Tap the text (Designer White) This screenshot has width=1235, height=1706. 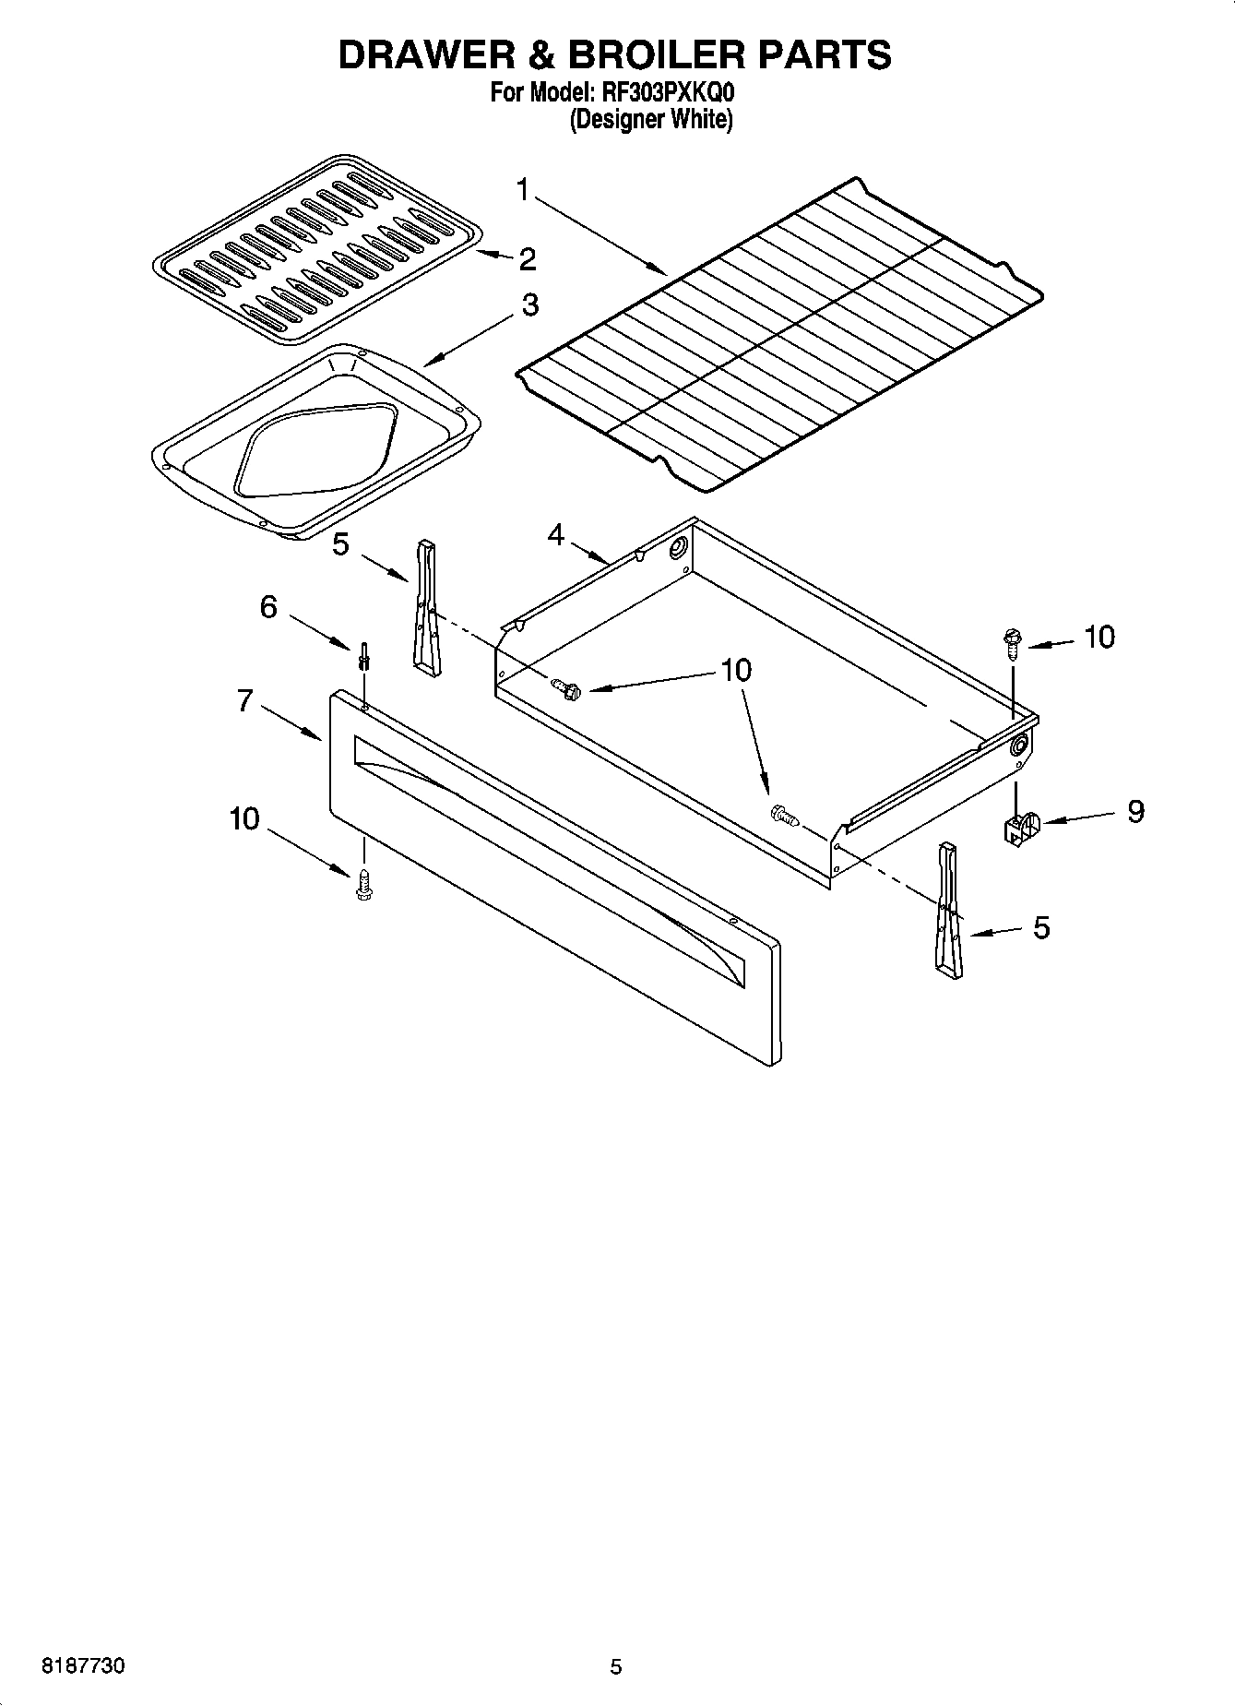point(650,120)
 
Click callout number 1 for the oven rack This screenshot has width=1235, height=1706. point(523,191)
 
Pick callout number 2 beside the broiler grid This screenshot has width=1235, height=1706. point(527,259)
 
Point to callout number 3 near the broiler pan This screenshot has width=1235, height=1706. point(529,304)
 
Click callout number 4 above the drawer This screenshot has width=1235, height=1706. point(555,534)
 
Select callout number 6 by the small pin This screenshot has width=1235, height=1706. point(268,607)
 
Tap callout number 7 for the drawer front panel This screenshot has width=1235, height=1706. point(244,701)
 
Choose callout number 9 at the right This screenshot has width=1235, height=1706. point(1135,811)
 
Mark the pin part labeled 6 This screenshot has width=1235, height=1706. point(365,656)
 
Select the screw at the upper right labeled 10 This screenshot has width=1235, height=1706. point(1012,641)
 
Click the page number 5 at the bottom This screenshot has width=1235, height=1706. point(616,1666)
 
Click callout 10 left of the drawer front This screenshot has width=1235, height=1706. point(244,818)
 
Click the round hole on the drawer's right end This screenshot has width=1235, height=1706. point(1019,747)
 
